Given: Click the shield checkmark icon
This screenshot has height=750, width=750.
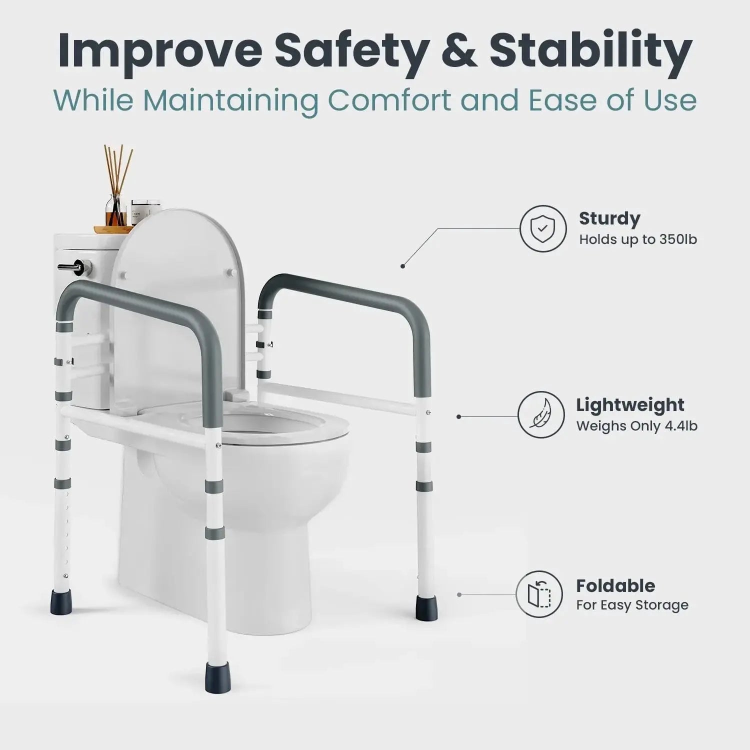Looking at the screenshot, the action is click(x=543, y=229).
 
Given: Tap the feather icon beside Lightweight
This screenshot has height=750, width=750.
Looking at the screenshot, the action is click(x=540, y=415).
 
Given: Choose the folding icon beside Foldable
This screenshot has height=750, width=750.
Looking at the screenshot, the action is click(x=539, y=594).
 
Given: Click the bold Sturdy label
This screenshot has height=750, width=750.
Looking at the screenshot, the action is click(x=609, y=218).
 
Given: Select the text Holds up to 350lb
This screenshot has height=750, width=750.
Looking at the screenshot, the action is click(x=638, y=239).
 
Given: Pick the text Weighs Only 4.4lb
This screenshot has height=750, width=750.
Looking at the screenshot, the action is click(x=637, y=426).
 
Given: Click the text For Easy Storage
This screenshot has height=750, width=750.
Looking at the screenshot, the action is click(x=632, y=605).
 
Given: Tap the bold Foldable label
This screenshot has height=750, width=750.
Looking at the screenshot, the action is click(x=615, y=585).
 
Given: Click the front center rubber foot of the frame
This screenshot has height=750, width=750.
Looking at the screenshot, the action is click(x=213, y=677).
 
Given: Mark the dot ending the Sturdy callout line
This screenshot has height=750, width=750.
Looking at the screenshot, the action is click(x=403, y=266).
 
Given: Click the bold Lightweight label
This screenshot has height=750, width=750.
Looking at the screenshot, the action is click(x=630, y=405).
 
